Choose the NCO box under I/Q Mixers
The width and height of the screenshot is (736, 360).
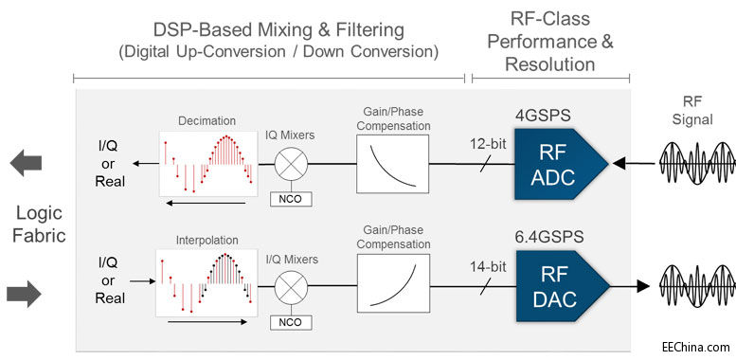pos(289,322)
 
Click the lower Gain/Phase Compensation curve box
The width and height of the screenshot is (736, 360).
pos(390,279)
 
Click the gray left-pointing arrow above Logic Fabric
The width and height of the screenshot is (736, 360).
pos(26,162)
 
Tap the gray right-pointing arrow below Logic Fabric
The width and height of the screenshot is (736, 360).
pos(26,295)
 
